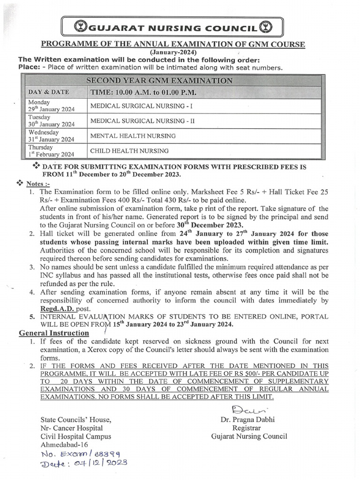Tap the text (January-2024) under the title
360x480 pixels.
tap(173, 52)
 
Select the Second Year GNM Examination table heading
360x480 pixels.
tap(159, 81)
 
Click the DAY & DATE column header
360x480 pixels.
tap(49, 92)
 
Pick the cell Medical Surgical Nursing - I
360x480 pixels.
tap(141, 106)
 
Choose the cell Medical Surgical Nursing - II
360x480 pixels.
tap(142, 121)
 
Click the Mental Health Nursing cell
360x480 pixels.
tap(133, 136)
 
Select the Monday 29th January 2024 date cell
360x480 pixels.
tap(51, 106)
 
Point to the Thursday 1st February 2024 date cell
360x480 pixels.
tap(51, 150)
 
